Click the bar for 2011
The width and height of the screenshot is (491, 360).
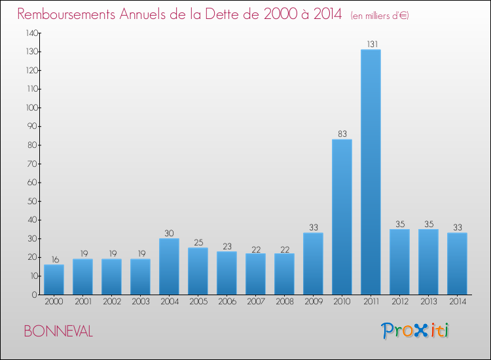point(371,172)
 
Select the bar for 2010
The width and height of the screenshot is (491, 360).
point(342,217)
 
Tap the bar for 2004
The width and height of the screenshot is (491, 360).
point(169,266)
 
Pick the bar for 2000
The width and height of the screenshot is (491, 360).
point(54,279)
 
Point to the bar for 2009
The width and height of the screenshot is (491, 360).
point(313,264)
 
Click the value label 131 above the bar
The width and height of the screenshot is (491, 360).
point(371,45)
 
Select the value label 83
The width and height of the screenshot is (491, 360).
point(342,134)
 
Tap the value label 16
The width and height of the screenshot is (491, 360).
point(54,259)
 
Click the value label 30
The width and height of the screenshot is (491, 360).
point(169,233)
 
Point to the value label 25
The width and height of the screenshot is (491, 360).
point(198,243)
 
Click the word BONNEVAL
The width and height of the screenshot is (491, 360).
point(58,332)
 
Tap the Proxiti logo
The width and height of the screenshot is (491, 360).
point(415,331)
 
